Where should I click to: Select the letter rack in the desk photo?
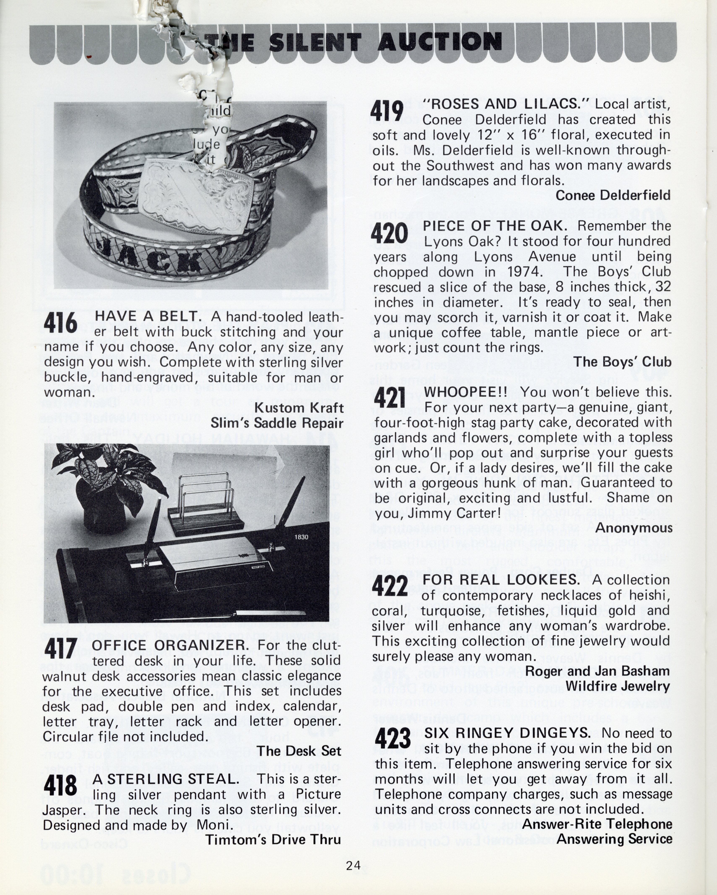coord(204,502)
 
